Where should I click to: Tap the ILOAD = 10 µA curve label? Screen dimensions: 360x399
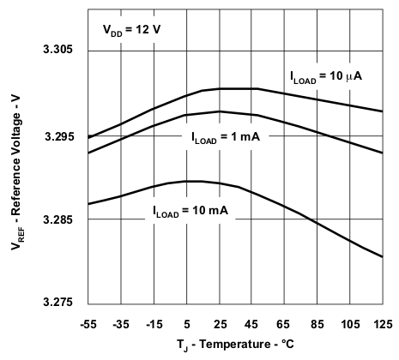click(325, 76)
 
